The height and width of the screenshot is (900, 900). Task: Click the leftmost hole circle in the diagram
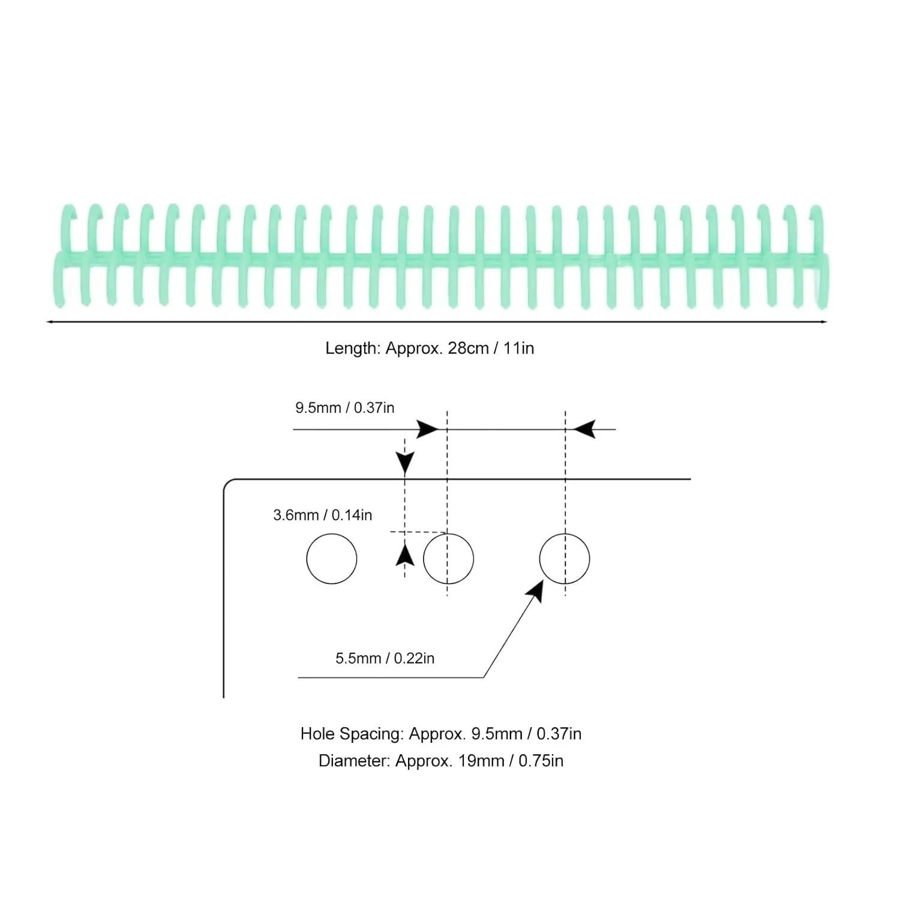(332, 559)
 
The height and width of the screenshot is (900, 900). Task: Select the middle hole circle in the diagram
(448, 559)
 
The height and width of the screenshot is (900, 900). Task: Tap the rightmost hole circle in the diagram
(565, 559)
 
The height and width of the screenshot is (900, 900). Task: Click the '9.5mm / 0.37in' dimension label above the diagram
(345, 408)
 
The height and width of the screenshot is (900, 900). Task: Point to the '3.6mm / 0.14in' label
(323, 515)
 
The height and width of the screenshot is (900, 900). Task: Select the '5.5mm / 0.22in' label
(385, 658)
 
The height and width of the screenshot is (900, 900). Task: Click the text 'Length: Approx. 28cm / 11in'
(430, 348)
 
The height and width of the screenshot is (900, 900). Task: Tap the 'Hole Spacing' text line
(441, 734)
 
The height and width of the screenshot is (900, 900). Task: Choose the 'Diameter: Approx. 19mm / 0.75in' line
(441, 761)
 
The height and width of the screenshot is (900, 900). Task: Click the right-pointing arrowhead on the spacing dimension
(428, 430)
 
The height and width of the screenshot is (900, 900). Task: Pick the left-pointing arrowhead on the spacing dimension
(584, 430)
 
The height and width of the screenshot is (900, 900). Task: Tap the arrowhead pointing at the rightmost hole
(535, 592)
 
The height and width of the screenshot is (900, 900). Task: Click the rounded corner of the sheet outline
(227, 484)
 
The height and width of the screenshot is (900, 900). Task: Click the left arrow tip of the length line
(47, 322)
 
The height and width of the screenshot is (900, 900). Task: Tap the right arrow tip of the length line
(828, 322)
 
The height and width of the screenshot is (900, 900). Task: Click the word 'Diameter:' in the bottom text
(355, 761)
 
